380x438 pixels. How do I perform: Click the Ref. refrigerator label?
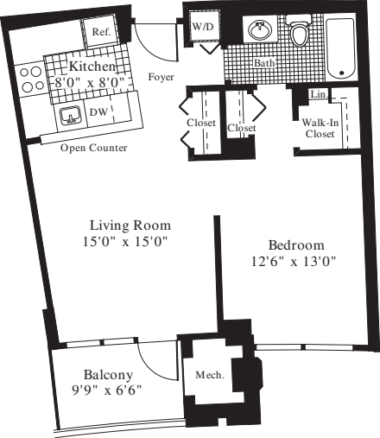(x=101, y=32)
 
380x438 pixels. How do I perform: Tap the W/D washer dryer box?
(x=203, y=28)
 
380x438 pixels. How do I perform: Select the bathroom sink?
(x=259, y=31)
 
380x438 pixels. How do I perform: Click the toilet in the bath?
(x=300, y=33)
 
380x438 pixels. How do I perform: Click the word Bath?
(x=264, y=64)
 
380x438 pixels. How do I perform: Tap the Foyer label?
(x=161, y=76)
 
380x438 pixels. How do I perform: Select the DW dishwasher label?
(x=99, y=111)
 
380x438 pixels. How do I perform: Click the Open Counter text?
(x=94, y=148)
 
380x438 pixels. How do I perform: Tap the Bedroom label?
(x=294, y=243)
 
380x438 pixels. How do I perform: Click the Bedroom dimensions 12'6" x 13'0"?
(x=294, y=260)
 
